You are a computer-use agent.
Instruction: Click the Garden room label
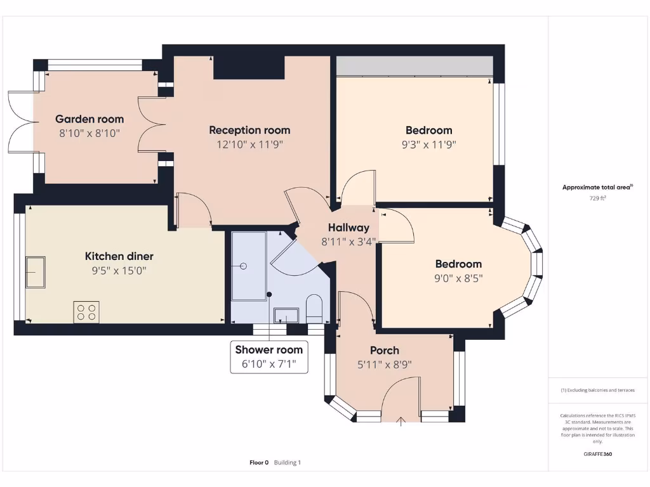point(90,119)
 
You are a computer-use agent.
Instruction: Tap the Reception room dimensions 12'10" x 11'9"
point(249,144)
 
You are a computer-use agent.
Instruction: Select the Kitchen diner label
point(119,257)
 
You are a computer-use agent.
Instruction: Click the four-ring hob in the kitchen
point(86,312)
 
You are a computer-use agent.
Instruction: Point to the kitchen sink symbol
point(35,271)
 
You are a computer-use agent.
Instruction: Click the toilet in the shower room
point(314,308)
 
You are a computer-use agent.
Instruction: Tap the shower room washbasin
point(286,315)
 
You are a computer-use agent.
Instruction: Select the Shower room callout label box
point(269,357)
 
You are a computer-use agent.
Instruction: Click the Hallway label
point(348,228)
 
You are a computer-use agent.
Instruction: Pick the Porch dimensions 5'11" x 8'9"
point(385,365)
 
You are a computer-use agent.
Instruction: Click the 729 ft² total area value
point(597,198)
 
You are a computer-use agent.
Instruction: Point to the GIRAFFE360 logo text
point(597,454)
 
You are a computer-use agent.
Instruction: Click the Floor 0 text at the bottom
point(259,463)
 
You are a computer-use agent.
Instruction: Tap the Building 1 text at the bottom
point(288,463)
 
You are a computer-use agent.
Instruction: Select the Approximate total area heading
point(597,187)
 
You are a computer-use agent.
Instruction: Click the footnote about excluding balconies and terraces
point(597,390)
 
